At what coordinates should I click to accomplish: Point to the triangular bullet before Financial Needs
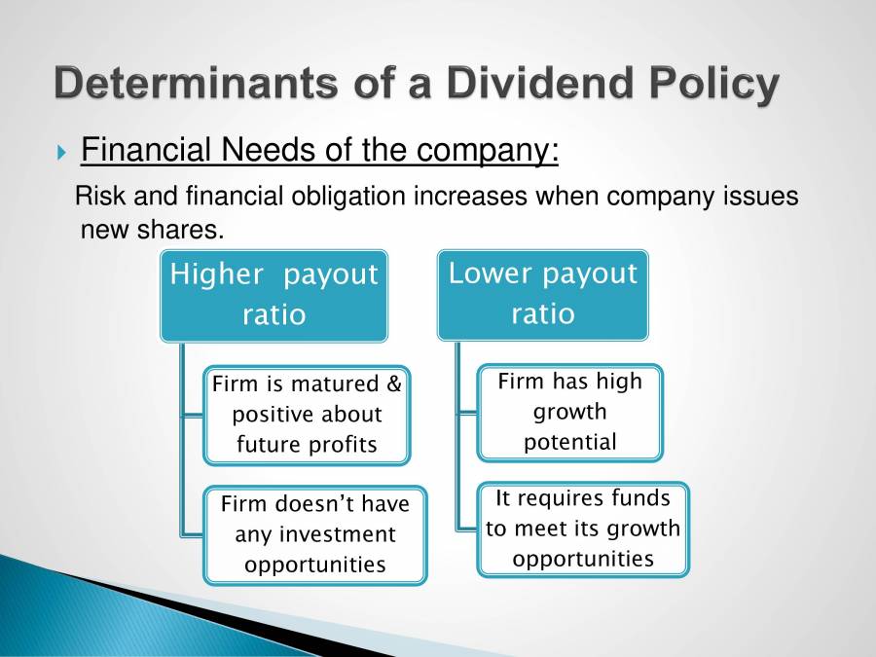(x=62, y=153)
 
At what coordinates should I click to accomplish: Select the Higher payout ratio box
(x=274, y=294)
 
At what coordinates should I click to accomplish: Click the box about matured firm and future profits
(x=307, y=415)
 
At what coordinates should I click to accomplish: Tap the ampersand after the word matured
(x=393, y=383)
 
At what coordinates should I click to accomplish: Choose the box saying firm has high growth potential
(x=569, y=412)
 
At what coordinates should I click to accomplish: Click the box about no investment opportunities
(x=314, y=534)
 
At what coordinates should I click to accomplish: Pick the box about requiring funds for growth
(x=582, y=529)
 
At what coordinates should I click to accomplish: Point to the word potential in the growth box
(x=569, y=442)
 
